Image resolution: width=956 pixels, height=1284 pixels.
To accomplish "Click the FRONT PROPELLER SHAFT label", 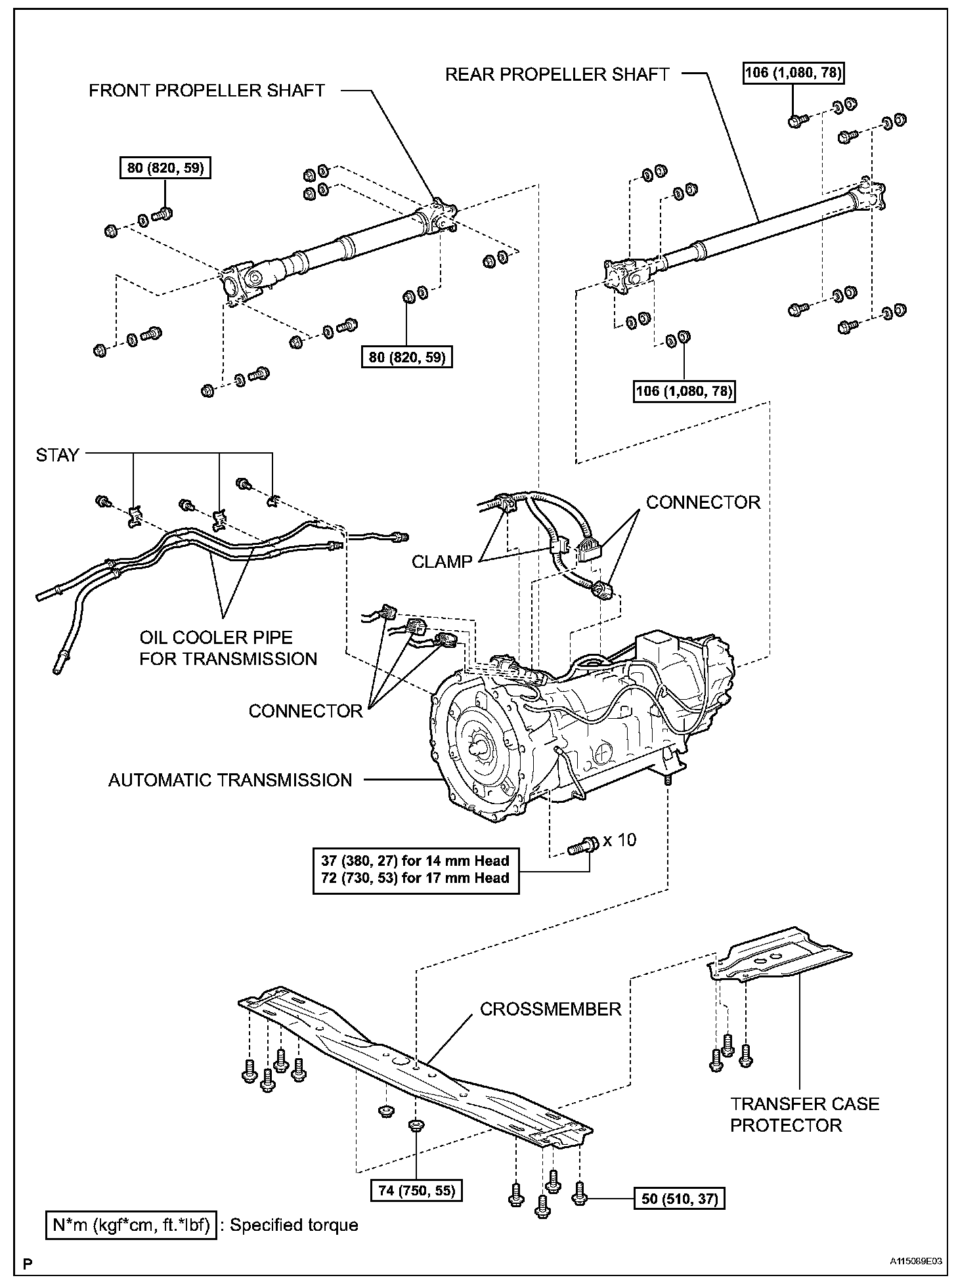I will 207,91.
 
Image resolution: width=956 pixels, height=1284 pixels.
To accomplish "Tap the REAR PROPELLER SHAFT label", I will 557,74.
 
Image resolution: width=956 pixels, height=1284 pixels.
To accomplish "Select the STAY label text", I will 57,455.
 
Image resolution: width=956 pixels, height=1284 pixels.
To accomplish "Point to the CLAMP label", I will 442,562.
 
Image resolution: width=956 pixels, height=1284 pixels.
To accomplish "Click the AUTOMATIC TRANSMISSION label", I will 230,780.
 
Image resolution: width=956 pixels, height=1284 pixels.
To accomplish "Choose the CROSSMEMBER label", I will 550,1009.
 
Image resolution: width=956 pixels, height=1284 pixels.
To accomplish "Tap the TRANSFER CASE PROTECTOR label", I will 804,1114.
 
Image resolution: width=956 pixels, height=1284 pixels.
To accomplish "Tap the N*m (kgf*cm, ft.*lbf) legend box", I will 131,1225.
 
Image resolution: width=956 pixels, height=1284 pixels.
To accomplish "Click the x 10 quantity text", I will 619,840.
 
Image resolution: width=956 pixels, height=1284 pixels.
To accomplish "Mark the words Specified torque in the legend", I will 293,1225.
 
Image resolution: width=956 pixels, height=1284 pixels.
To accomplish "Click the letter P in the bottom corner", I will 28,1263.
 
